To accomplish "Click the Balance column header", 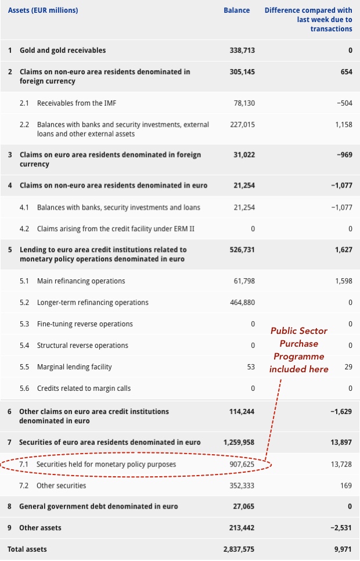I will point(237,10).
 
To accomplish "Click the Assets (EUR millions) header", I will point(43,10).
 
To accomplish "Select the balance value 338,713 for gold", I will point(243,51).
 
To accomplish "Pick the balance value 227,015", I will point(243,125).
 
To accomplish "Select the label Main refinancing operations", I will point(81,281).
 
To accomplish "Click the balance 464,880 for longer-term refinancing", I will point(243,303).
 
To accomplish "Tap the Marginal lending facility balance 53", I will point(251,367).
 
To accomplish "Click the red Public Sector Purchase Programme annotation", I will point(298,350).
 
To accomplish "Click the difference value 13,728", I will point(341,465).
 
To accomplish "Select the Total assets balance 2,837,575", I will point(239,549).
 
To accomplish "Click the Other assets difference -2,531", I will point(341,528).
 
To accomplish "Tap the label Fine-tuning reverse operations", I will point(85,324).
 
